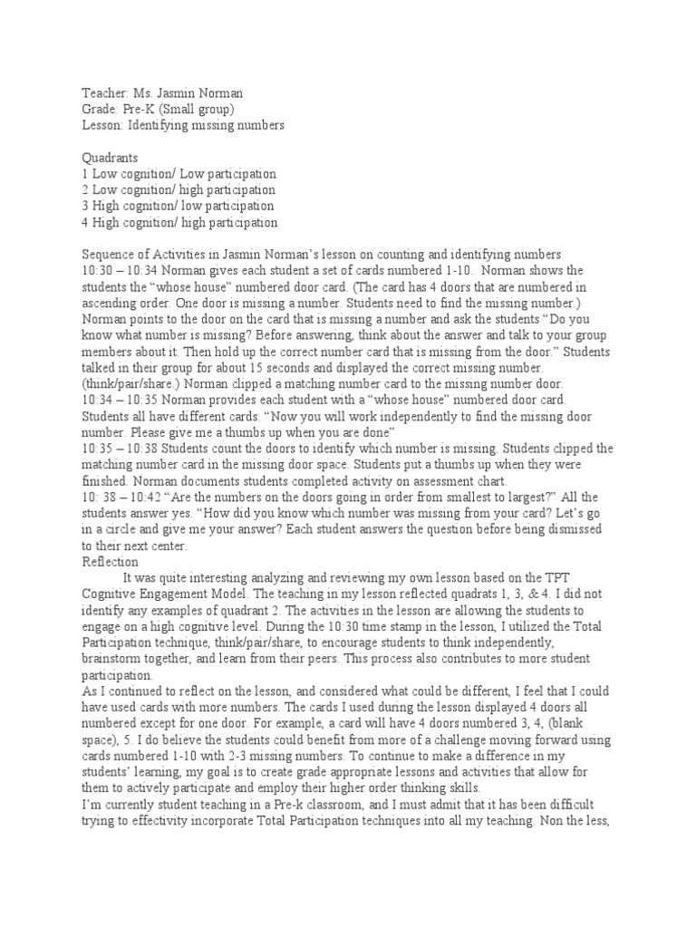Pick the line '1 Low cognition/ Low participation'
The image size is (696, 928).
coord(179,173)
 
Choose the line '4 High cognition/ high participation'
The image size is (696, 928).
coord(179,222)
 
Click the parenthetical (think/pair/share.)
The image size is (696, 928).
coord(131,383)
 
